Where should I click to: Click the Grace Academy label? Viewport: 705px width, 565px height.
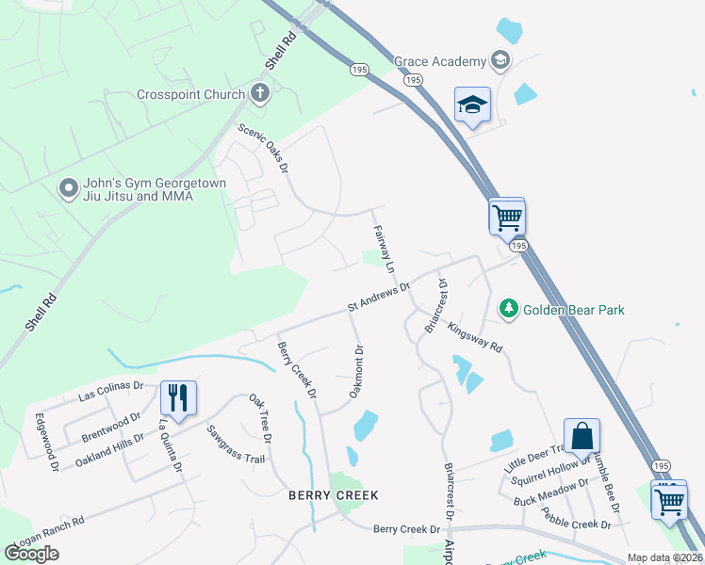pyautogui.click(x=438, y=61)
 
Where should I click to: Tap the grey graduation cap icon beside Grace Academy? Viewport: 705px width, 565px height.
pyautogui.click(x=500, y=61)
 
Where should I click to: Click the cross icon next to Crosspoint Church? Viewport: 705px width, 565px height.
pyautogui.click(x=260, y=93)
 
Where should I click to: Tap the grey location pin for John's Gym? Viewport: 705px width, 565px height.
pyautogui.click(x=67, y=189)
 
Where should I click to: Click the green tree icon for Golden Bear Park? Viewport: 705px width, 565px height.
pyautogui.click(x=508, y=308)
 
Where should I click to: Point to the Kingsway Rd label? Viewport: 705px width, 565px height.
pyautogui.click(x=475, y=334)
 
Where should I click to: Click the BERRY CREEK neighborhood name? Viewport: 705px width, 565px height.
pyautogui.click(x=334, y=494)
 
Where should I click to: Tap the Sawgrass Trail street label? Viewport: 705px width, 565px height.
pyautogui.click(x=237, y=444)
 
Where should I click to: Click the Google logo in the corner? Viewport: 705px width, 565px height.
pyautogui.click(x=31, y=554)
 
